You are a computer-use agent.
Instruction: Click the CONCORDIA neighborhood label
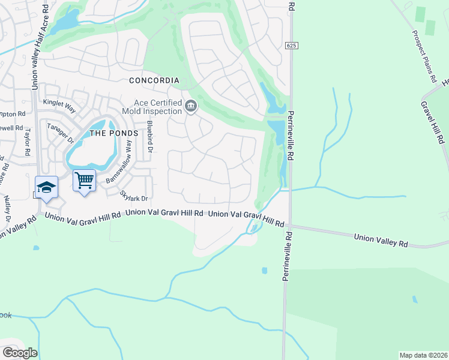tap(154, 80)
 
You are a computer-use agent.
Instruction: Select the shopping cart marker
tap(84, 180)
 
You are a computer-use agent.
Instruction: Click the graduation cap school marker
tap(46, 186)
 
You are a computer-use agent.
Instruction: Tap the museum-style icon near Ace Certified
tap(191, 107)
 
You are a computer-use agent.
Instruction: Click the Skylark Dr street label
tap(133, 196)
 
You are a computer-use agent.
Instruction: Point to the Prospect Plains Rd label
tap(424, 56)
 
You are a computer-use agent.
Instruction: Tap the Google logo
tap(19, 352)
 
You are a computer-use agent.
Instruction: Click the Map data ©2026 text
tap(423, 355)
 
